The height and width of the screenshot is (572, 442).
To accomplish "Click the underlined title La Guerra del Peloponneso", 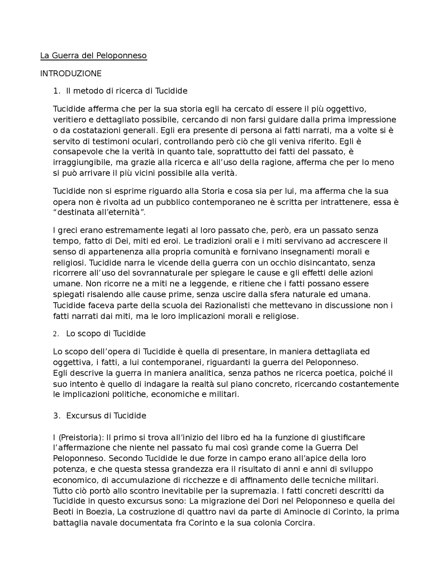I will pos(93,56).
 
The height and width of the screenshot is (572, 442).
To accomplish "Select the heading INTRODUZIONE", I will pos(71,74).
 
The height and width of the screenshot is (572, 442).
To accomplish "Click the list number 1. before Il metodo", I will pos(57,91).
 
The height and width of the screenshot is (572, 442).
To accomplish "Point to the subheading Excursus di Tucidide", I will pos(106,416).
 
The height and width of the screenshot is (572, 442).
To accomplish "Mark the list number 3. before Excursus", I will pos(57,416).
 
